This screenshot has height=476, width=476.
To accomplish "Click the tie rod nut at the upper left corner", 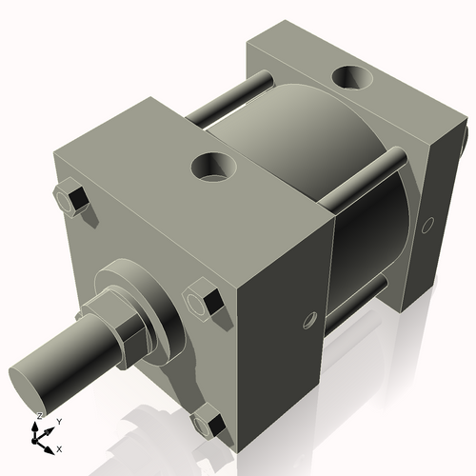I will [73, 201].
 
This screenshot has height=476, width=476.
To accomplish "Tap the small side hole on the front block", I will [307, 319].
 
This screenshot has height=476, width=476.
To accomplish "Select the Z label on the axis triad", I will [39, 416].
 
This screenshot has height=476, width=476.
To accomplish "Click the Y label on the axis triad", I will [59, 420].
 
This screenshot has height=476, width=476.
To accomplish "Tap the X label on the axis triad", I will [60, 447].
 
